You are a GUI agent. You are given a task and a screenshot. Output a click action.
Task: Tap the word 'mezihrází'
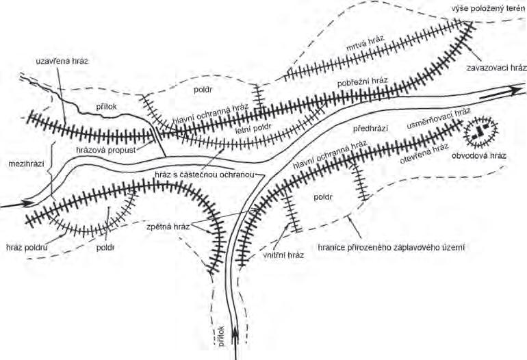tap(23, 165)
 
